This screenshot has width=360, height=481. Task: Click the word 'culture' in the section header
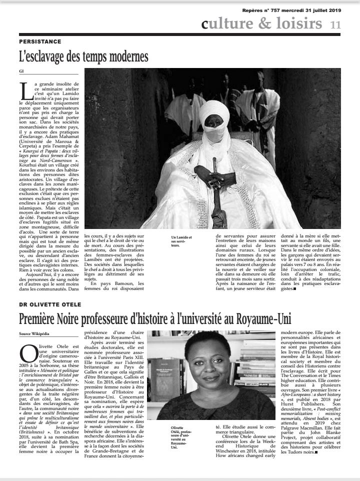tap(224, 23)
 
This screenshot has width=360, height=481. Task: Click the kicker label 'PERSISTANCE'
tap(40, 41)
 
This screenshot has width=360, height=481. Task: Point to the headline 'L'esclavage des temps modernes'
tap(83, 55)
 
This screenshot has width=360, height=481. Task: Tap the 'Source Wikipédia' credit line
tap(34, 333)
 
